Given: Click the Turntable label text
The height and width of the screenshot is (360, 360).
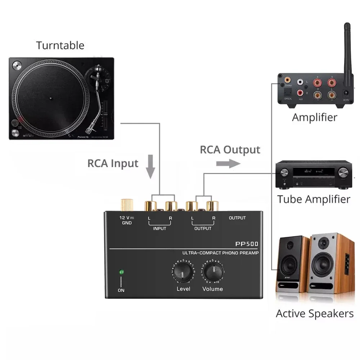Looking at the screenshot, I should (60, 46).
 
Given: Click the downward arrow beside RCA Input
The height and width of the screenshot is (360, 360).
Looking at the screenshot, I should (151, 166).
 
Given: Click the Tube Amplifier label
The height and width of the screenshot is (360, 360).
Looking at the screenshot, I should (314, 199).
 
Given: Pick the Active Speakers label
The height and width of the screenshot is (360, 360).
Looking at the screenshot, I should (315, 313).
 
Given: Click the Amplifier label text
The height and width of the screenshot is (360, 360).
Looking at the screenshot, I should (315, 117).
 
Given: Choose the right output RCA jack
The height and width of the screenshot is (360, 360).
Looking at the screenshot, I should (212, 206).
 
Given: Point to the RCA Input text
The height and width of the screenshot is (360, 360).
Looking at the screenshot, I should (113, 163).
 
